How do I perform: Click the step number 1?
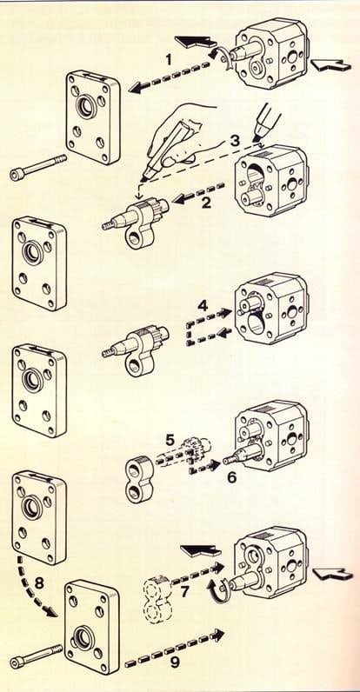tap(168, 60)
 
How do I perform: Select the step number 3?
tap(235, 141)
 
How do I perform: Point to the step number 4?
tap(203, 305)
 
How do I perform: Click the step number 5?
tap(170, 439)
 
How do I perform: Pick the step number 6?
tap(231, 477)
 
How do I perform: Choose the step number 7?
tap(185, 591)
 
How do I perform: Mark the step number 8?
tap(39, 583)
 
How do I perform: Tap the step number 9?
tap(175, 662)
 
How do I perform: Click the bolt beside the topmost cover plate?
tap(38, 167)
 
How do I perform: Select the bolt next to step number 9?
tap(37, 655)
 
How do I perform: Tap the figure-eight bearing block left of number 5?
tap(139, 479)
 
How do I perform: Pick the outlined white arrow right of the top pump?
tap(331, 65)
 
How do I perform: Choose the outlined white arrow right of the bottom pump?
tap(333, 573)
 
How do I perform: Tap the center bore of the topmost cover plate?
tap(86, 106)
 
